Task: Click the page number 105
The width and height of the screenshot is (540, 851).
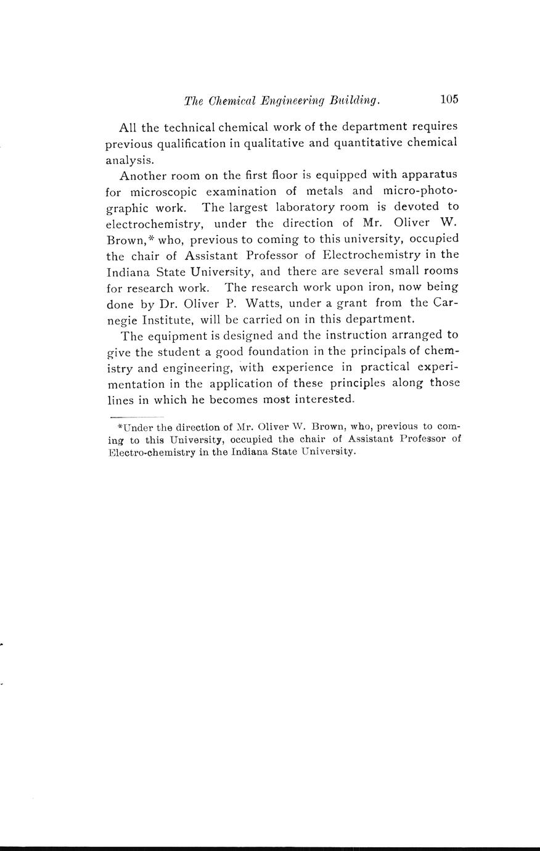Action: [449, 99]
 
